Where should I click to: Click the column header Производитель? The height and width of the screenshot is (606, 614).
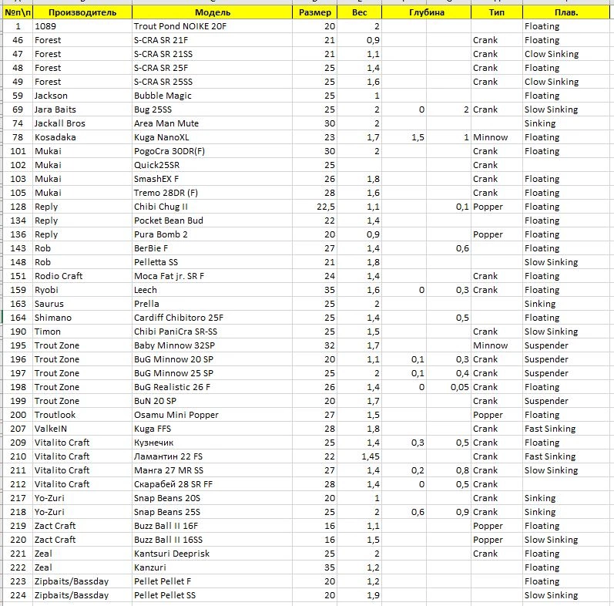click(82, 12)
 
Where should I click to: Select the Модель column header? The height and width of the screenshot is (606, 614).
click(212, 12)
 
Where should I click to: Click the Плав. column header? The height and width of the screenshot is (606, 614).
click(567, 12)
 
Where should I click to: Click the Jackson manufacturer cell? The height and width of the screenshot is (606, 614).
click(51, 96)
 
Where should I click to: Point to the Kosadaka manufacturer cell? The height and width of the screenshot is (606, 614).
click(55, 137)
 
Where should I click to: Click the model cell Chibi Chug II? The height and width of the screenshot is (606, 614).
click(160, 207)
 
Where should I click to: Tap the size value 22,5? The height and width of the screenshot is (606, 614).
click(324, 207)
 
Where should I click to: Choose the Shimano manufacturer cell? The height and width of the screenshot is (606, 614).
click(53, 318)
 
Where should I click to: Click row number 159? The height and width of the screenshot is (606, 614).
click(18, 290)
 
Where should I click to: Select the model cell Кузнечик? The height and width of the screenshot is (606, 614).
click(154, 443)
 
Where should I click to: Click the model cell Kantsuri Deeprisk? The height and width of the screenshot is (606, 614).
click(172, 554)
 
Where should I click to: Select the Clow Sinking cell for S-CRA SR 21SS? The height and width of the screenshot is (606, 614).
click(552, 54)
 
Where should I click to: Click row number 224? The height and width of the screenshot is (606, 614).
click(18, 595)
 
